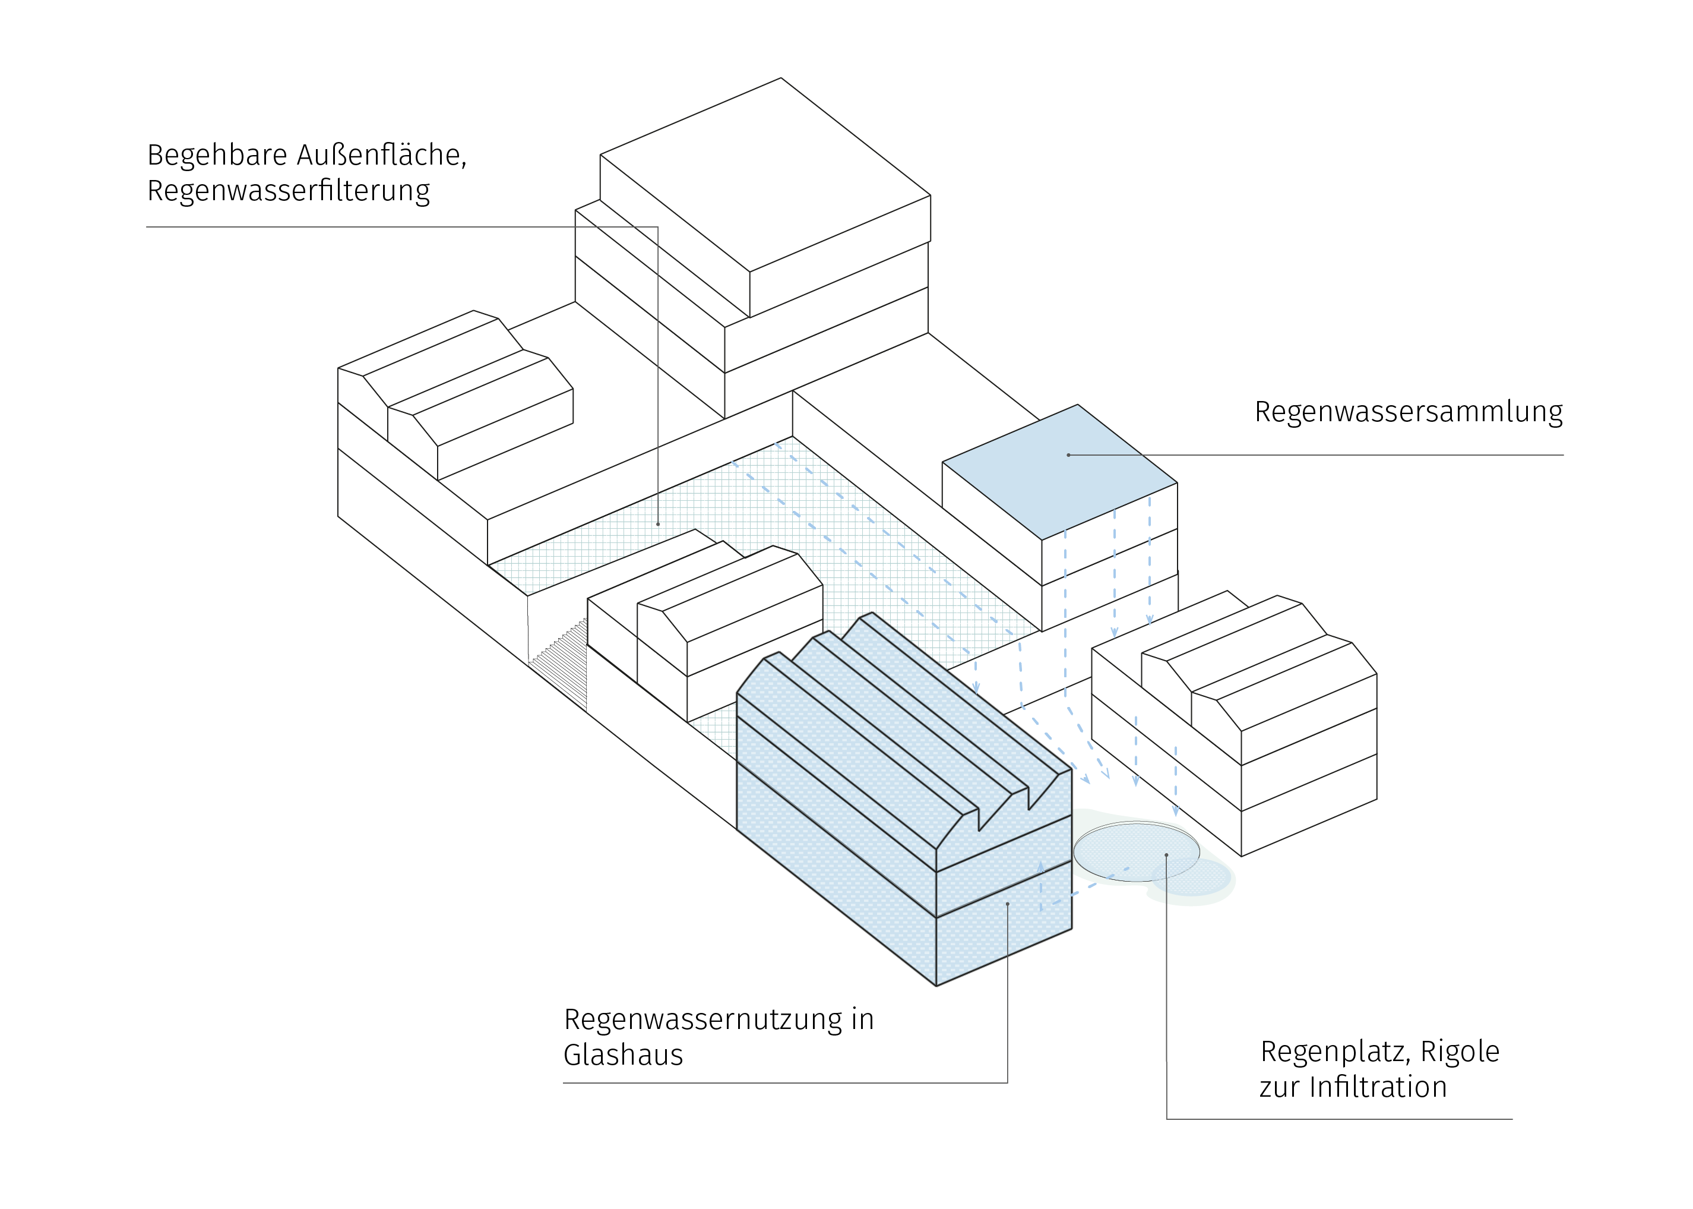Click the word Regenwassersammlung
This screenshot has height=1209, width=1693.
coord(1408,412)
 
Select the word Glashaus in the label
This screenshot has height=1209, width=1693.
coord(623,1055)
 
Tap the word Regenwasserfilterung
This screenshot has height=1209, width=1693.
coord(289,191)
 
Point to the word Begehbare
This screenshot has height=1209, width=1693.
coord(217,155)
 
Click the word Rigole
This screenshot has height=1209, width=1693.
coord(1460,1051)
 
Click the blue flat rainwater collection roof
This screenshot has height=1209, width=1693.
coord(1060,471)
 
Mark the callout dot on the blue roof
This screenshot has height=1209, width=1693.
coord(1068,455)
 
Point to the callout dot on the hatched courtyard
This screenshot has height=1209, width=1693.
coord(658,524)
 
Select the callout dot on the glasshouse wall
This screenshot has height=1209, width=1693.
coord(1007,904)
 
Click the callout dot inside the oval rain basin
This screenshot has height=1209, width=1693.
coord(1166,855)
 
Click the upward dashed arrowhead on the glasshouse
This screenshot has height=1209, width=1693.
coord(1040,867)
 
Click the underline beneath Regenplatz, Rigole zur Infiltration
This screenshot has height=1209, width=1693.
coord(1340,1119)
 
